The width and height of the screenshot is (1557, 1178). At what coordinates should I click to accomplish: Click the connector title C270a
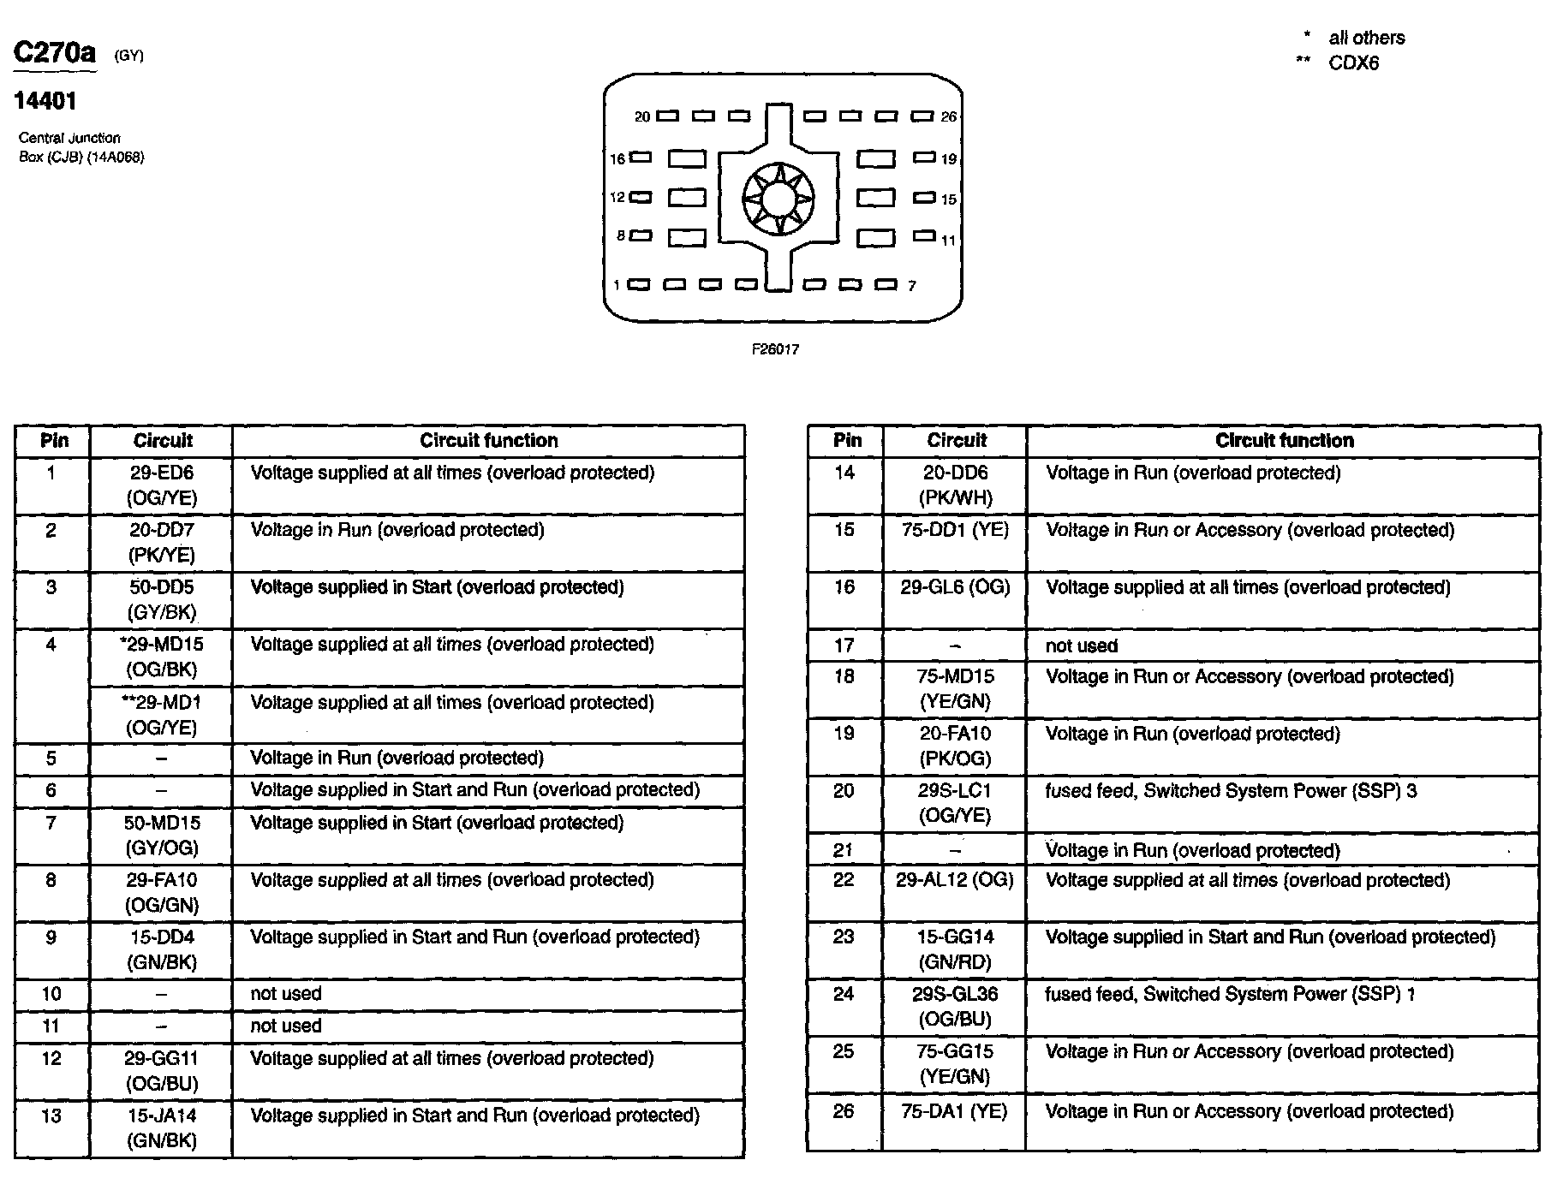[55, 53]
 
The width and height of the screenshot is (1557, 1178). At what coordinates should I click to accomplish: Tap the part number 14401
[45, 101]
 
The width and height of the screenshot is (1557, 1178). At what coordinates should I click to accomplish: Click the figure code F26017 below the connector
[775, 349]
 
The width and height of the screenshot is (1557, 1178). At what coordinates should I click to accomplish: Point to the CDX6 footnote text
[1353, 63]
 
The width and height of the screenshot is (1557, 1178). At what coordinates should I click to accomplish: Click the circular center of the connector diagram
[778, 199]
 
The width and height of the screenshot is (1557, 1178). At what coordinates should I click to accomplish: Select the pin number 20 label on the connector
[642, 116]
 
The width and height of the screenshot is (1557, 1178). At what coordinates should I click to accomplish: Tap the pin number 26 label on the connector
[948, 116]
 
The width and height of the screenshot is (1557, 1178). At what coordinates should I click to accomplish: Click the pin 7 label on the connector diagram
[912, 286]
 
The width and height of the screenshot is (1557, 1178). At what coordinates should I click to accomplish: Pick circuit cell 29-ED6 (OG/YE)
[162, 485]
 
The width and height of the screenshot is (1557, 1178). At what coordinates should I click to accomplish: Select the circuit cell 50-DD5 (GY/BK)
[162, 599]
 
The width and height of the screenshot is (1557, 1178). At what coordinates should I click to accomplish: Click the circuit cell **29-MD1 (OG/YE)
[162, 714]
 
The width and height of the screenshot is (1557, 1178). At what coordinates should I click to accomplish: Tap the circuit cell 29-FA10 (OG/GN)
[162, 892]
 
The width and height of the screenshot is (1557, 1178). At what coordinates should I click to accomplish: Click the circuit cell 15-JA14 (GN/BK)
[162, 1127]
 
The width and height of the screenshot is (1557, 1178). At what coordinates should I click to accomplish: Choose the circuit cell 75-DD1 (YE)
[955, 530]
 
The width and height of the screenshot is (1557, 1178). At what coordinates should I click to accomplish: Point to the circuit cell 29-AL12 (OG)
[955, 880]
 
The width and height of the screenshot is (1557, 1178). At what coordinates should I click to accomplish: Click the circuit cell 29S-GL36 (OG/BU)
[955, 1006]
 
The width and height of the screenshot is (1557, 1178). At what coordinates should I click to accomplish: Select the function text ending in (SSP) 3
[1231, 790]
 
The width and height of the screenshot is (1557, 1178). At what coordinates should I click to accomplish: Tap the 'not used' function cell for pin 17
[1082, 646]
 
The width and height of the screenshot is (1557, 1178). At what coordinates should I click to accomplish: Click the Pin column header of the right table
[847, 440]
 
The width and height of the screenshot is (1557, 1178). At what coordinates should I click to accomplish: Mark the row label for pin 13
[51, 1116]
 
